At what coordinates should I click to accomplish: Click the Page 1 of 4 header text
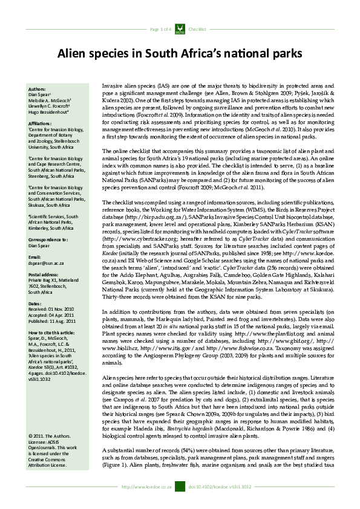pos(160,29)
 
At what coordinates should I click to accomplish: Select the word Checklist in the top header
pos(198,29)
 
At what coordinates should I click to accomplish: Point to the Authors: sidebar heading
pos(37,89)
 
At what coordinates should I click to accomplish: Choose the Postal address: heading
pos(43,275)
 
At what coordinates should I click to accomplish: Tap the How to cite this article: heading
pos(53,332)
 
